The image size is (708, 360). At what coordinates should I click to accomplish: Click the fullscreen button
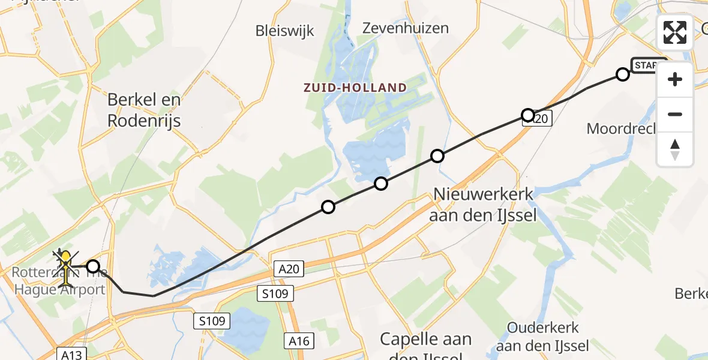[675, 32]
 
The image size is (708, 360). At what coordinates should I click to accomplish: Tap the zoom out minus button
[675, 114]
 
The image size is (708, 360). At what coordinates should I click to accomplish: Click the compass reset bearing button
[675, 149]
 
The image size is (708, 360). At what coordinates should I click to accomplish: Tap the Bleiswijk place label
[284, 31]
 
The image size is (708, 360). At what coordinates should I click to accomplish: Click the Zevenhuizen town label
[406, 28]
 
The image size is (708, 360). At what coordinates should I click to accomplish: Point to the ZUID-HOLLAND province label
[355, 88]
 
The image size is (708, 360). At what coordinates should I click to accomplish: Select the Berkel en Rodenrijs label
[144, 110]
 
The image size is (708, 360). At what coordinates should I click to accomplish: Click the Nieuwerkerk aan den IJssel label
[482, 205]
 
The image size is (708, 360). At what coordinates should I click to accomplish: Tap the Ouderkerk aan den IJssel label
[542, 337]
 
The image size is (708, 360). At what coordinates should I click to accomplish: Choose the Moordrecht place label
[621, 128]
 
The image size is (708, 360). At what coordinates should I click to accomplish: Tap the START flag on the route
[648, 65]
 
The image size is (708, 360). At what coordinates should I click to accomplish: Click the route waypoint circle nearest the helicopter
[93, 266]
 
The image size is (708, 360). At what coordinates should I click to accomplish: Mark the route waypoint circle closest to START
[623, 74]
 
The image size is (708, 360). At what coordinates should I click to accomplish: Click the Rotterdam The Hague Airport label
[59, 281]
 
